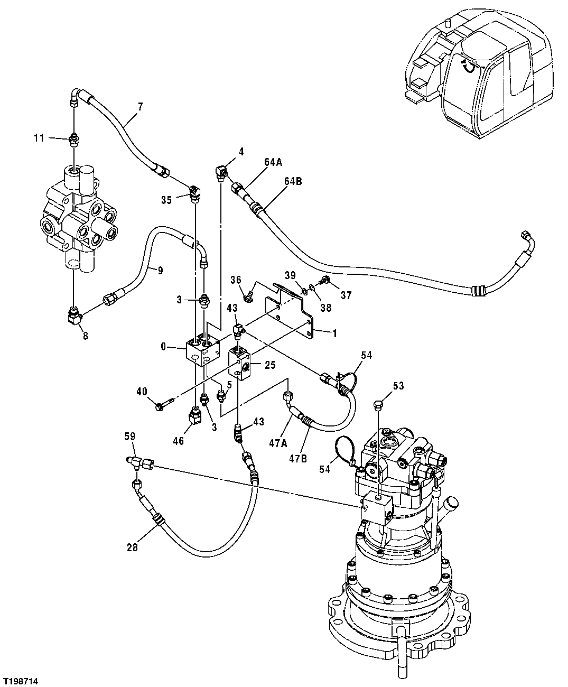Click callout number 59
point(130,437)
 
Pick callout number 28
point(132,547)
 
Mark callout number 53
point(398,386)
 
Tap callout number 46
point(179,440)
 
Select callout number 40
point(142,392)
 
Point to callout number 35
point(167,199)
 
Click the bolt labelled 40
point(161,406)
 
